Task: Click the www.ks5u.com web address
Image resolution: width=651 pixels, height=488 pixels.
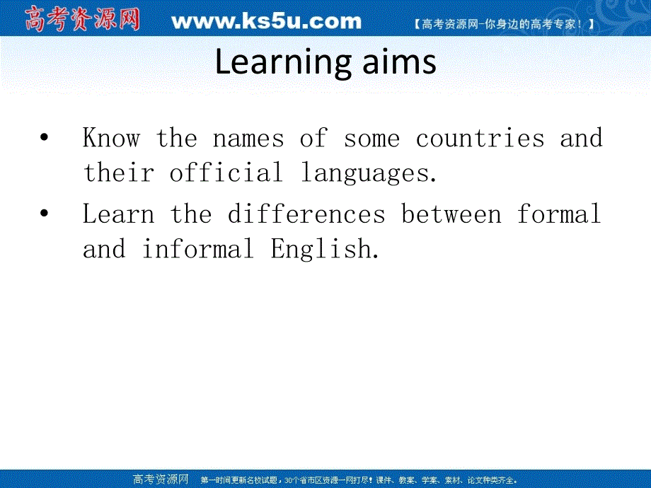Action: click(x=266, y=22)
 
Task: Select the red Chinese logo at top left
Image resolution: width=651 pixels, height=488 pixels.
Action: click(x=82, y=19)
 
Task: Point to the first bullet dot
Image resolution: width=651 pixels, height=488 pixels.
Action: click(x=45, y=137)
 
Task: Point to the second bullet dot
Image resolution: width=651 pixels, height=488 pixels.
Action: click(x=45, y=214)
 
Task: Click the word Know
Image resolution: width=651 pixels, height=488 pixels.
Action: click(x=111, y=138)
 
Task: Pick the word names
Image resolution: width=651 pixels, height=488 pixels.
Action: click(x=248, y=138)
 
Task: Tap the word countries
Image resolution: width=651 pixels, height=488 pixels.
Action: click(x=480, y=138)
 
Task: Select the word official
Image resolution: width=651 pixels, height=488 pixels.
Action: click(x=225, y=173)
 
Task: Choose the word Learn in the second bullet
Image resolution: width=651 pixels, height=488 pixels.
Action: click(x=118, y=214)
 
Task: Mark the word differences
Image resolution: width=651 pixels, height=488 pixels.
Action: click(x=306, y=214)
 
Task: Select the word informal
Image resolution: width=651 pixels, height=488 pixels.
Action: click(x=197, y=249)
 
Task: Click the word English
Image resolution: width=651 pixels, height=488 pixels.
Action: click(x=324, y=250)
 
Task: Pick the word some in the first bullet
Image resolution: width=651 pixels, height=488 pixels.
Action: click(x=371, y=138)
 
